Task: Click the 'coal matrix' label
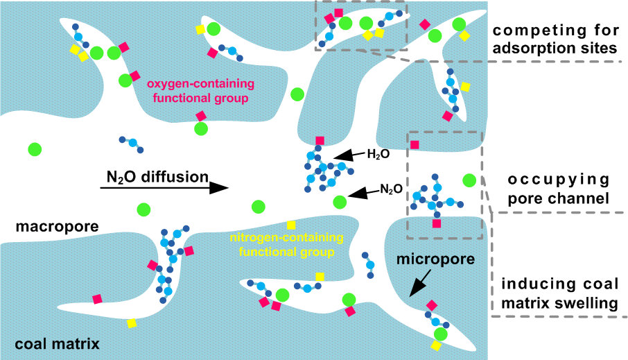click(58, 343)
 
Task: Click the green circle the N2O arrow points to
click(339, 202)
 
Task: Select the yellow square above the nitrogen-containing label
click(291, 225)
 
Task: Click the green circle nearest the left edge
click(33, 148)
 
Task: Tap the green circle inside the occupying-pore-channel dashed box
click(469, 180)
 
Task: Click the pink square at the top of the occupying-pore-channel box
click(415, 145)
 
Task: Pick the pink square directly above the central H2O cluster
click(320, 141)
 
